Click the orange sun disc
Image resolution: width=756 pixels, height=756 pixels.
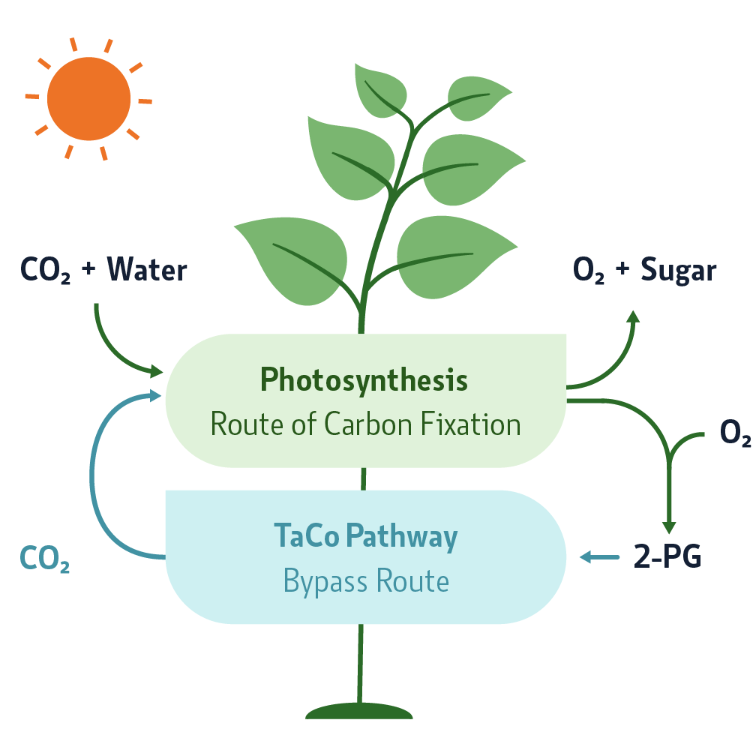88,98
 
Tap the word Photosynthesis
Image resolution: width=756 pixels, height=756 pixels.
364,381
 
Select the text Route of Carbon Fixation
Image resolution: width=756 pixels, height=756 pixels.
365,424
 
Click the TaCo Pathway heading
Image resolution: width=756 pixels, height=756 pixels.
365,537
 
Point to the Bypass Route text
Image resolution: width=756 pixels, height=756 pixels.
366,581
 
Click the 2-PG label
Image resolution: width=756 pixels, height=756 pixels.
667,558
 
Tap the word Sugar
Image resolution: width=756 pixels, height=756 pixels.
679,270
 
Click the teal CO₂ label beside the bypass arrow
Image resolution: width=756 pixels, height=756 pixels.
44,559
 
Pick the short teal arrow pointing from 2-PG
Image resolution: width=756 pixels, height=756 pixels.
596,556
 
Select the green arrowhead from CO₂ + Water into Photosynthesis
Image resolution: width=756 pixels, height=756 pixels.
156,370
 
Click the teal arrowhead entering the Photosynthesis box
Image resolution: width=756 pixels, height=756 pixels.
156,395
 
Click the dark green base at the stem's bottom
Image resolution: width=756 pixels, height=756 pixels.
359,711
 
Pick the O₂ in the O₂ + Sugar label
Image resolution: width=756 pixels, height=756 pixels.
589,271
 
